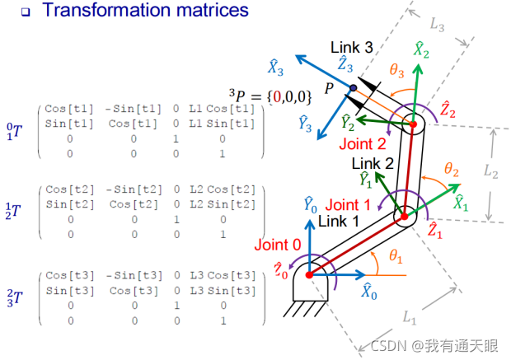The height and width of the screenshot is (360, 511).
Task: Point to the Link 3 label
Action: [353, 47]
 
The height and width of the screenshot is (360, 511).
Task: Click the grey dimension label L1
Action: [410, 315]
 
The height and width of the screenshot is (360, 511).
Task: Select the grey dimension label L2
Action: [490, 172]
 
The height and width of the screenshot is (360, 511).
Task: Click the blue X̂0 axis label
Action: [370, 289]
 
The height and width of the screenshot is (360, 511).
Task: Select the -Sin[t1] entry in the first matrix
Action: [124, 110]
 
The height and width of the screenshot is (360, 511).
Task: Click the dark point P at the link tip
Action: [353, 87]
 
